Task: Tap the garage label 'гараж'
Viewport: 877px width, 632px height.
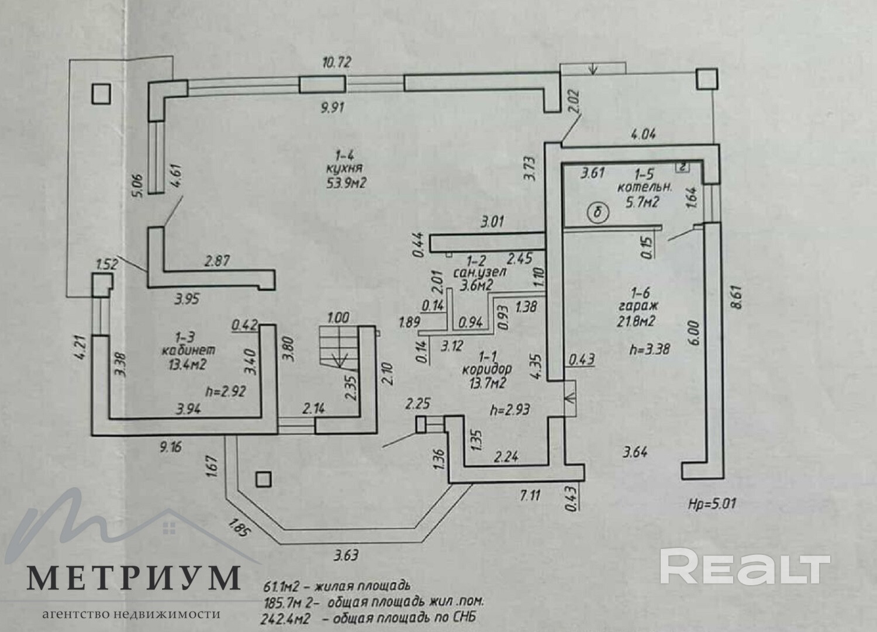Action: click(x=634, y=305)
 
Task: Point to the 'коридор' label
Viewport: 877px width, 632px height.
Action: click(x=486, y=369)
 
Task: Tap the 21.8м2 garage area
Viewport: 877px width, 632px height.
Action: click(x=634, y=320)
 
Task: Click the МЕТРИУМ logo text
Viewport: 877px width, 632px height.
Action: click(x=134, y=578)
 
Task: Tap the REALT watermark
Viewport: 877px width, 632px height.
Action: click(x=745, y=567)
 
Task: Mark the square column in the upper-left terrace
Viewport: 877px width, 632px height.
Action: click(x=101, y=93)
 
